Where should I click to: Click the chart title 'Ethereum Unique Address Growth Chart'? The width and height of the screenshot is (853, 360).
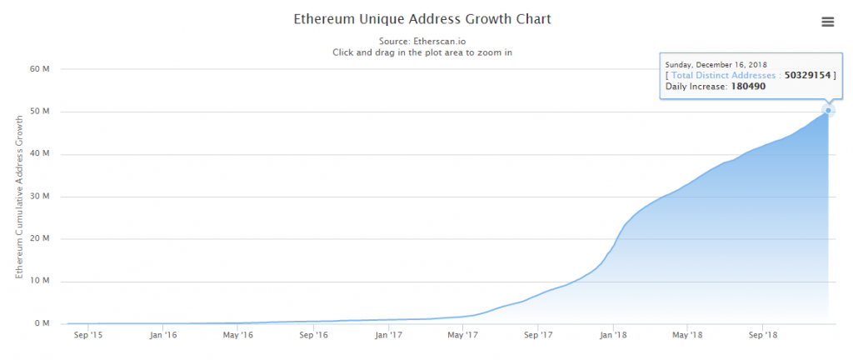pyautogui.click(x=422, y=18)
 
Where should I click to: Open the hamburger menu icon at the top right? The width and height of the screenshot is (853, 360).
pyautogui.click(x=827, y=22)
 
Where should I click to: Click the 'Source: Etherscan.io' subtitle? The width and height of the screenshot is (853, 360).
pyautogui.click(x=422, y=39)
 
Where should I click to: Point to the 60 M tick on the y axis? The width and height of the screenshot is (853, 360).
pyautogui.click(x=40, y=69)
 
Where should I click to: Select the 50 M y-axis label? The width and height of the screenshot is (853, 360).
pyautogui.click(x=40, y=112)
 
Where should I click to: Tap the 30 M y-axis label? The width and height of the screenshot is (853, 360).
pyautogui.click(x=40, y=197)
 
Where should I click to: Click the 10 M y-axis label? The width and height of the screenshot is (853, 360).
pyautogui.click(x=40, y=281)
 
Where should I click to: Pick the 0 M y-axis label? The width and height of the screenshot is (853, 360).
pyautogui.click(x=42, y=323)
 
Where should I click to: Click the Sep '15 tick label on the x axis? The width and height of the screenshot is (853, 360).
pyautogui.click(x=88, y=336)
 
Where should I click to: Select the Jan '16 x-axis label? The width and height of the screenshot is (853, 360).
pyautogui.click(x=163, y=336)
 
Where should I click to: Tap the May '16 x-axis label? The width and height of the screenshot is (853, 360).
pyautogui.click(x=238, y=336)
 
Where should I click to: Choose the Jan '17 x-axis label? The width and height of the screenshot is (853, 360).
pyautogui.click(x=389, y=336)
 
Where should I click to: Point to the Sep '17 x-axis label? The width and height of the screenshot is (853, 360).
pyautogui.click(x=538, y=336)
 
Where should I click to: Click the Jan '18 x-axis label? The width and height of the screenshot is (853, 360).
pyautogui.click(x=613, y=336)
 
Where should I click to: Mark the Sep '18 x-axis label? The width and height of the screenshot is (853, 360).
pyautogui.click(x=762, y=336)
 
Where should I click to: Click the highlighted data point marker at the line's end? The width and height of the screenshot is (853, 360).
pyautogui.click(x=828, y=110)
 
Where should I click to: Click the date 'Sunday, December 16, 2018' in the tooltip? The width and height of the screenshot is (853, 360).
pyautogui.click(x=716, y=64)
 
